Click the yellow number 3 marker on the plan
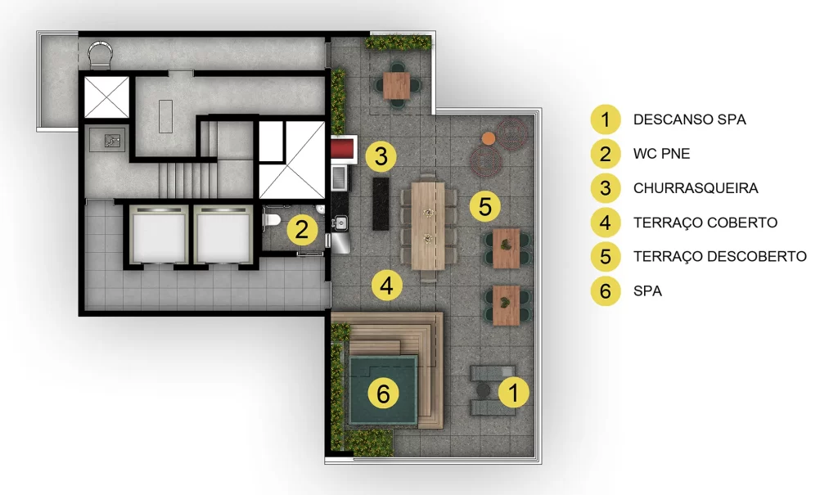(x=381, y=156)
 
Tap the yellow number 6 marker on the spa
(x=383, y=394)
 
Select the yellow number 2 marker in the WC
(x=302, y=230)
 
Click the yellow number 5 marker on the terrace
(x=484, y=206)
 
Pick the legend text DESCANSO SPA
(x=689, y=119)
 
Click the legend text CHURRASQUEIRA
(x=696, y=188)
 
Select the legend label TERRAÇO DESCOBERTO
(x=720, y=257)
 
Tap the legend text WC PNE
(x=661, y=154)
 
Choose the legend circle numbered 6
(x=605, y=290)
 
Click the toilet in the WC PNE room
(x=271, y=220)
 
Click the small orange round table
(x=488, y=138)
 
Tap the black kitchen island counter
(x=381, y=204)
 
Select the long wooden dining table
(x=427, y=226)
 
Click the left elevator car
(x=159, y=235)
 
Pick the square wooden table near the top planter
(x=397, y=86)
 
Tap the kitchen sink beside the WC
(x=340, y=222)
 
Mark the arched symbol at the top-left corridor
(x=101, y=55)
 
